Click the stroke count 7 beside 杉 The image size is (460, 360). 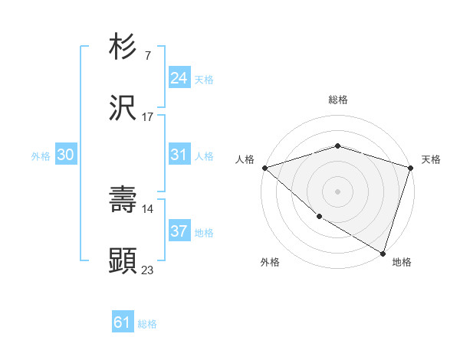[x=147, y=56]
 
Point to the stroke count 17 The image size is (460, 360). [x=148, y=117]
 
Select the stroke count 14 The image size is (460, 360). [x=148, y=208]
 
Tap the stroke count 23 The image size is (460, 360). [x=148, y=270]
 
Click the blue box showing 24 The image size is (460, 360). [x=179, y=77]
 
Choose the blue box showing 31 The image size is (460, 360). [x=179, y=155]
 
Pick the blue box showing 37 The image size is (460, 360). [x=179, y=231]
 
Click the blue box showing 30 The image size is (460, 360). [x=65, y=155]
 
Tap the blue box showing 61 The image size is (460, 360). [x=123, y=322]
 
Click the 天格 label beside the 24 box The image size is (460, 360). [x=204, y=79]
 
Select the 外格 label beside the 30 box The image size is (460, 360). [x=41, y=156]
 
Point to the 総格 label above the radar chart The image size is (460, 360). [x=337, y=100]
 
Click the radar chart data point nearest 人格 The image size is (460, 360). [x=264, y=168]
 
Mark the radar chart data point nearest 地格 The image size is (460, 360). [x=383, y=254]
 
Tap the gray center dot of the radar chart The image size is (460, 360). [x=337, y=191]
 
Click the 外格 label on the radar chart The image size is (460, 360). [x=270, y=262]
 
